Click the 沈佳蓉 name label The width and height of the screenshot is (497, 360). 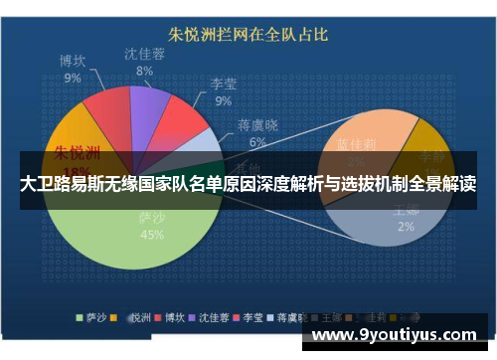pyautogui.click(x=145, y=54)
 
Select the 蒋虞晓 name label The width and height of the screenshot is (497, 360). pyautogui.click(x=257, y=125)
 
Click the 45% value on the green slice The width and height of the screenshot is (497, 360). pyautogui.click(x=151, y=236)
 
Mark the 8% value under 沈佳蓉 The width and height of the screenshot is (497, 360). pyautogui.click(x=145, y=71)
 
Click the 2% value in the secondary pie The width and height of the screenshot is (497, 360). pyautogui.click(x=406, y=226)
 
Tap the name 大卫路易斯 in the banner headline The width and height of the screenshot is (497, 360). pyautogui.click(x=60, y=184)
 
